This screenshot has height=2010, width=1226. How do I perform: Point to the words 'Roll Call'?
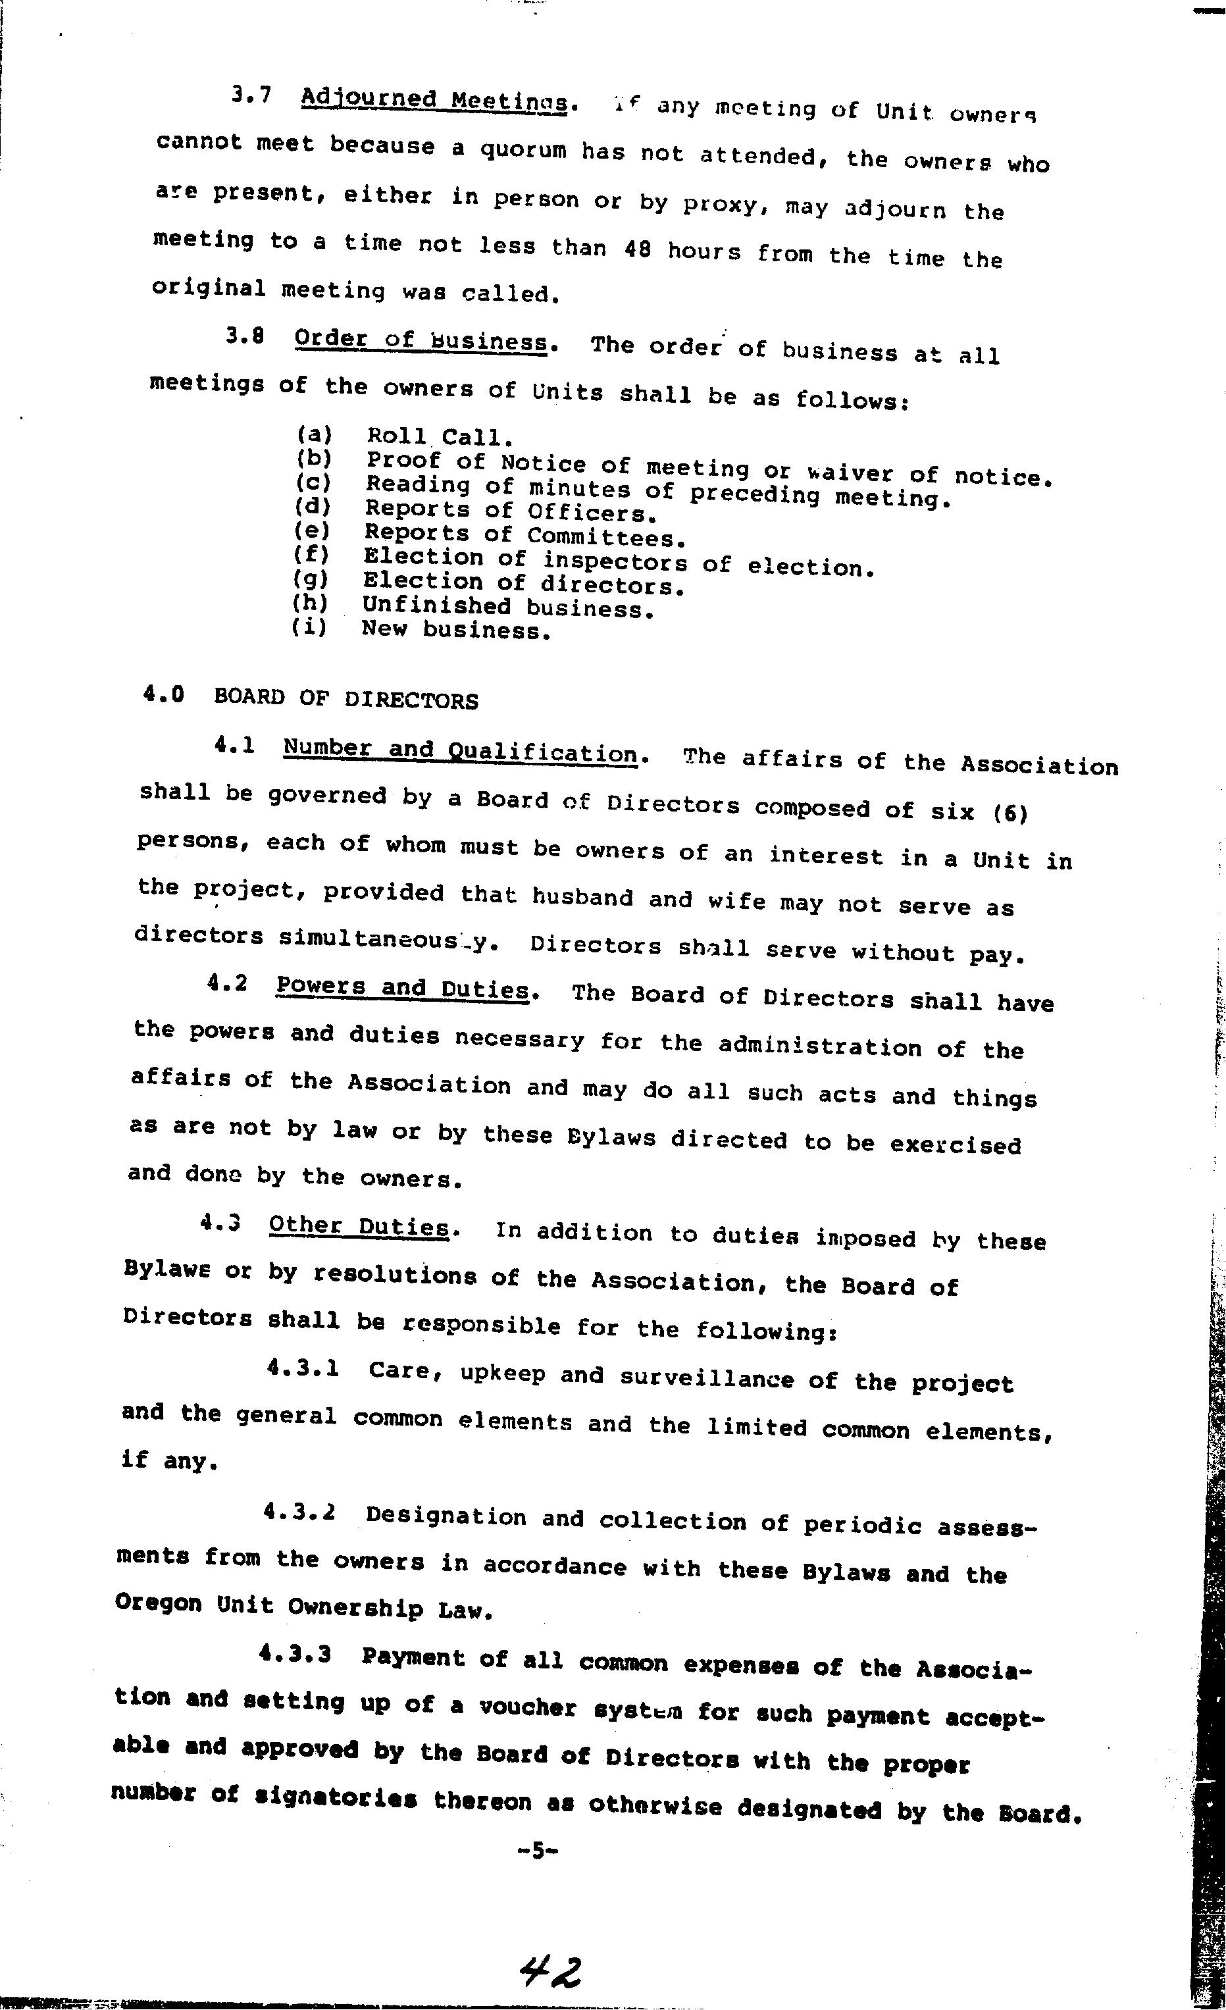click(x=440, y=440)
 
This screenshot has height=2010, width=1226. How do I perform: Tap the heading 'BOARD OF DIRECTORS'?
click(x=346, y=699)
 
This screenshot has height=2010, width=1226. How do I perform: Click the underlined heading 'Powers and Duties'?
click(x=403, y=988)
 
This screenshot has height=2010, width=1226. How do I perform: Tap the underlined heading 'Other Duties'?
click(x=359, y=1226)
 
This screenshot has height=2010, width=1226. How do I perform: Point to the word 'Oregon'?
click(x=158, y=1603)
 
